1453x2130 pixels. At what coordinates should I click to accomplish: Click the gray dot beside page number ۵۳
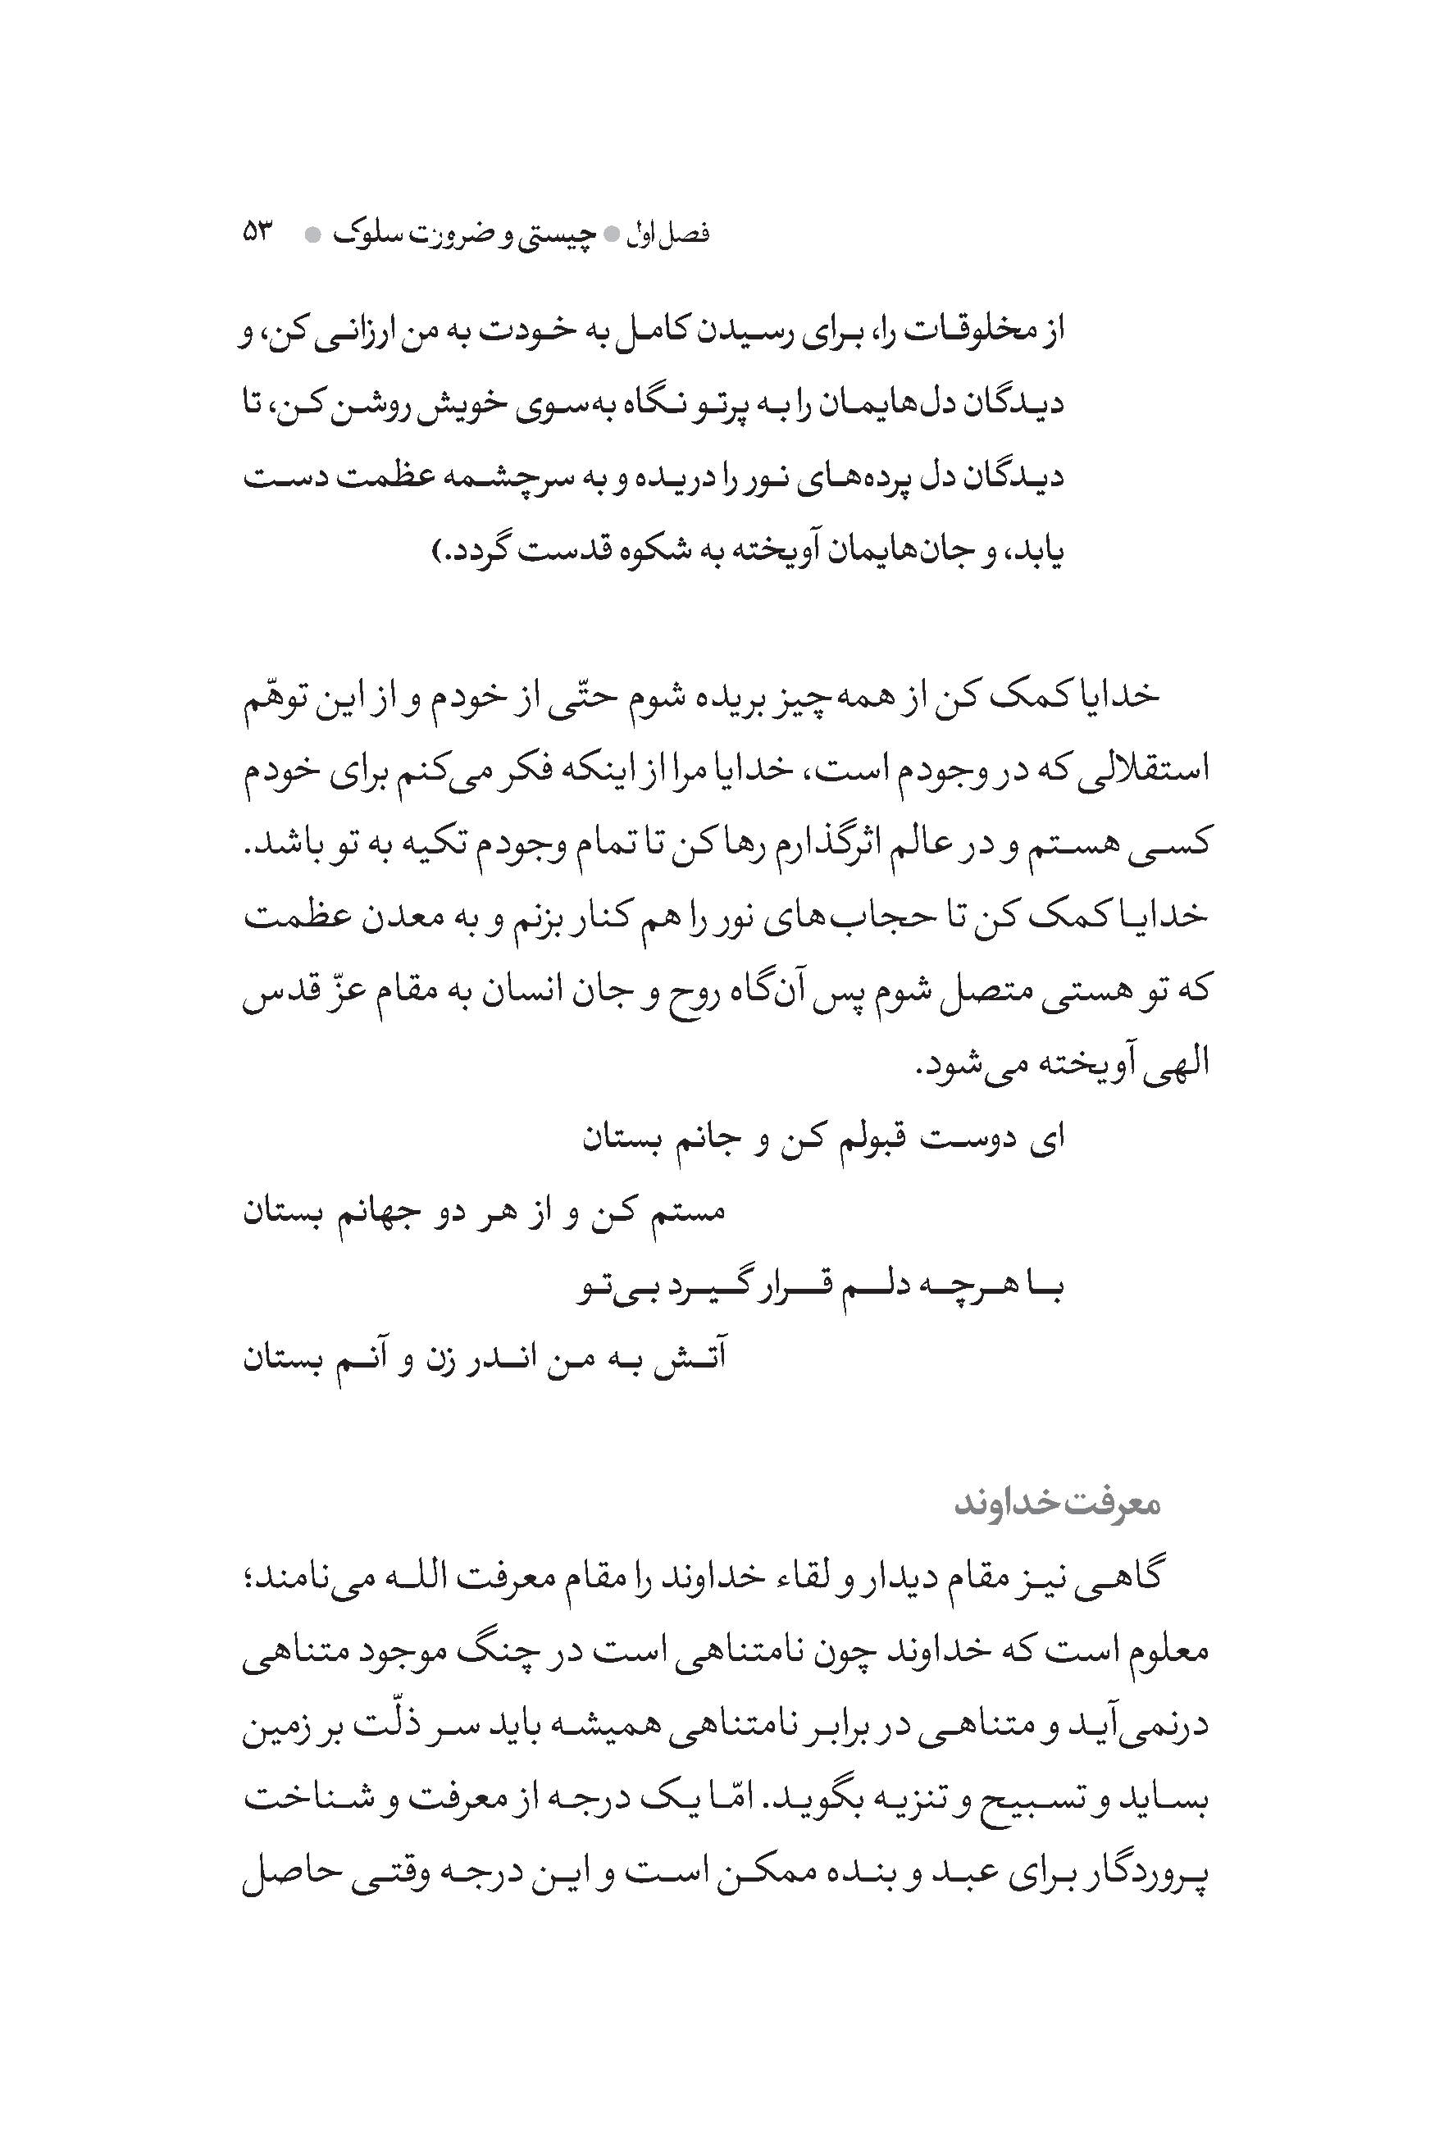coord(312,235)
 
